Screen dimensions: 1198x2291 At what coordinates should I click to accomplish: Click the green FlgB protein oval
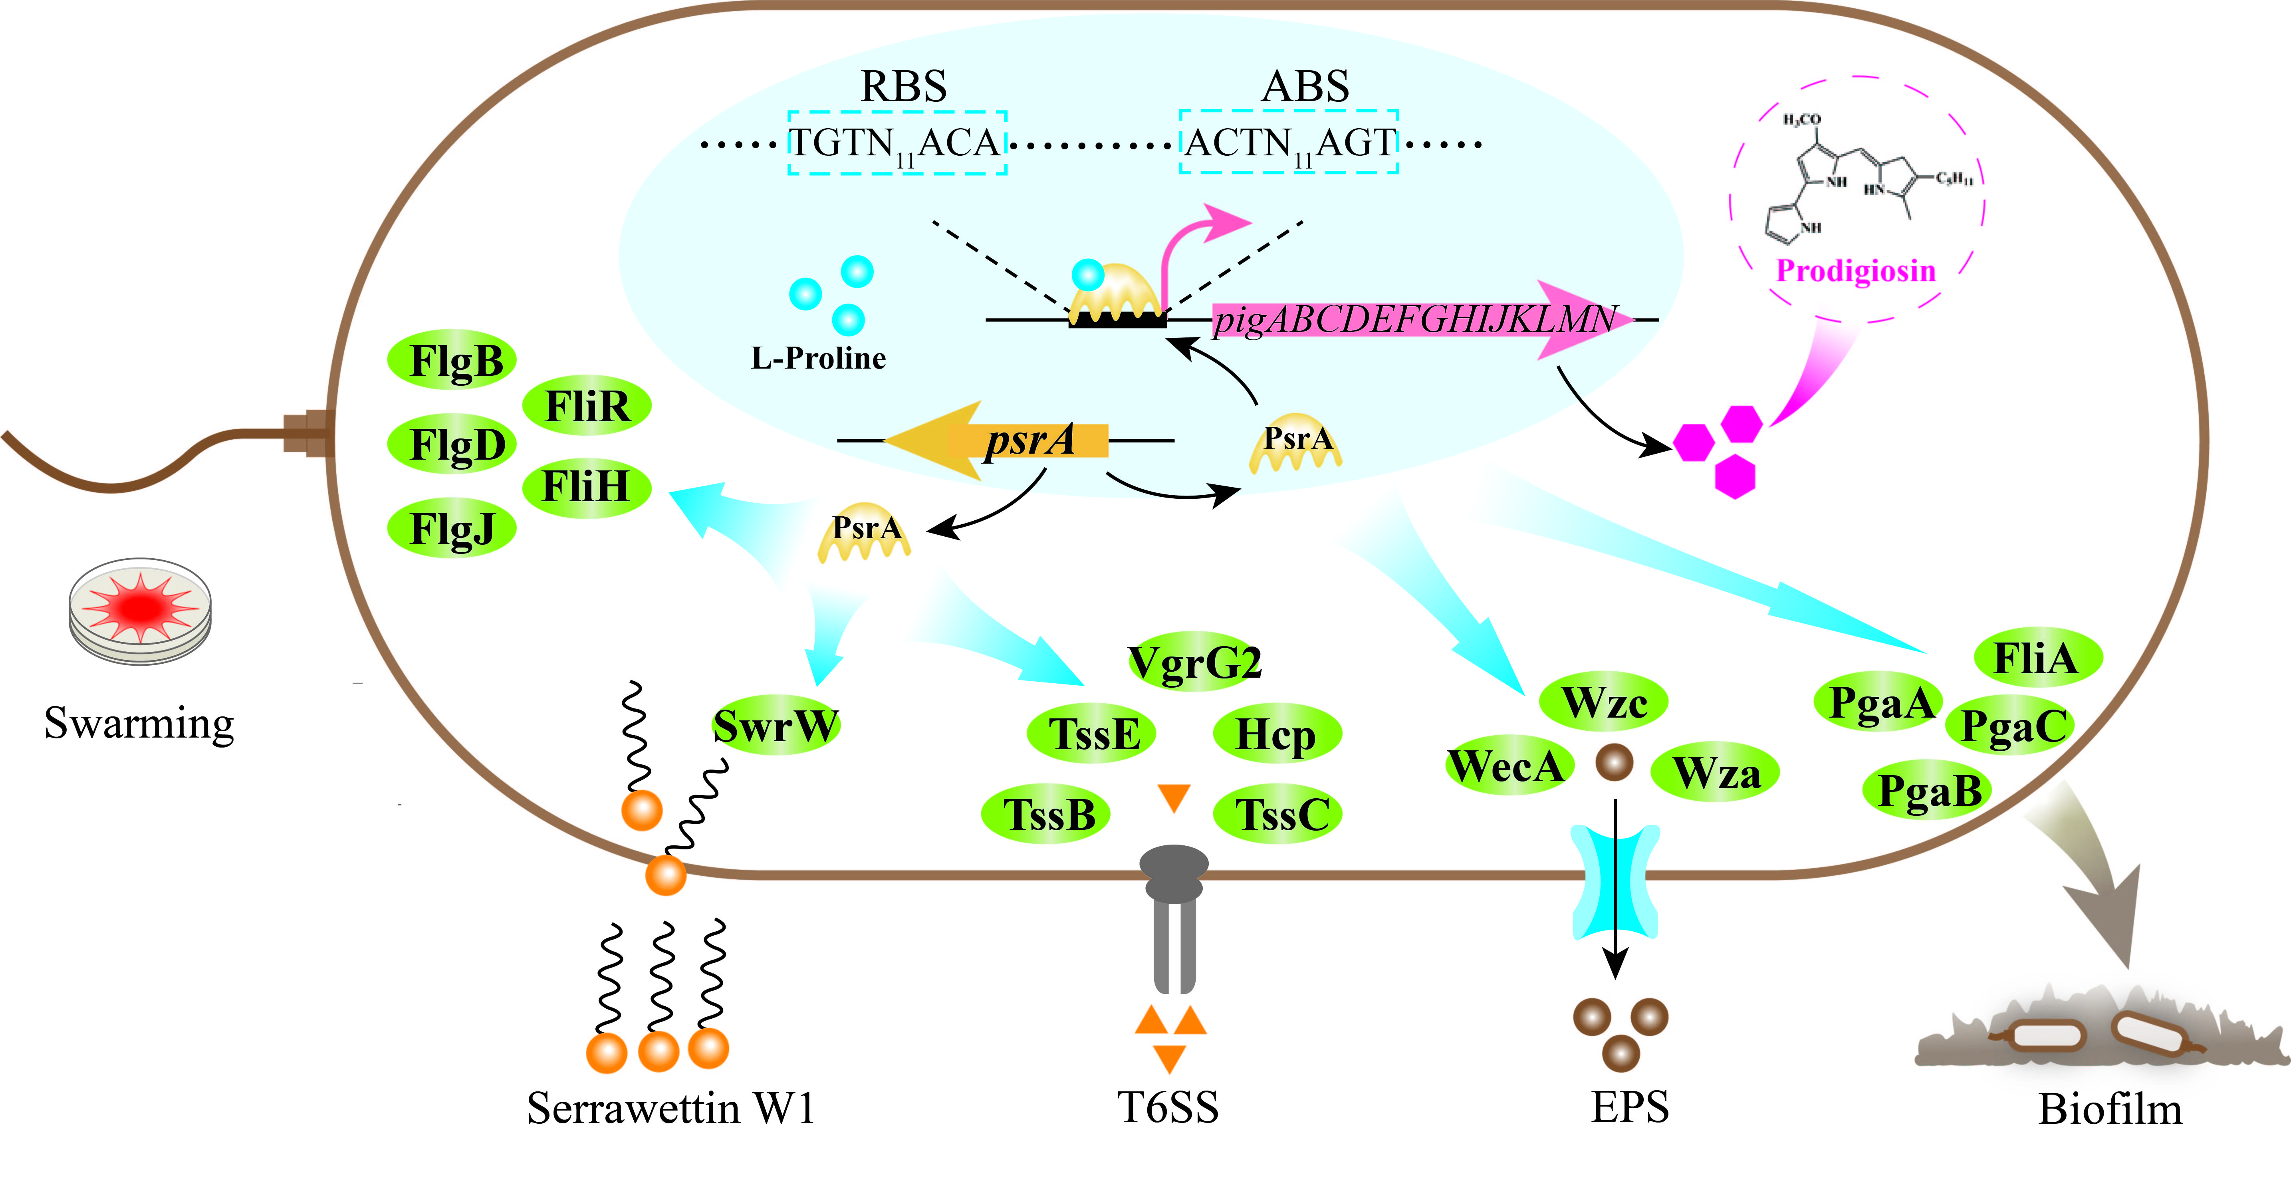[x=452, y=360]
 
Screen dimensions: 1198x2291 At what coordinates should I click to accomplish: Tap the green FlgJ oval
[x=452, y=528]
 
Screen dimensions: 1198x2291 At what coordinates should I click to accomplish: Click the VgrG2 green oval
[x=1194, y=661]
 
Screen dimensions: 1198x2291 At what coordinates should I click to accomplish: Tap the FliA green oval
[x=2037, y=658]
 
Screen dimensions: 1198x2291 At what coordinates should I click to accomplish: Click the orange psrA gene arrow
[x=996, y=440]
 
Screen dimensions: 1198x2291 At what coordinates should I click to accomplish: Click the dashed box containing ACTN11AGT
[x=1289, y=142]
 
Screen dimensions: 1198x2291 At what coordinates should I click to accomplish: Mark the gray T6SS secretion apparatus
[x=1174, y=916]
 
